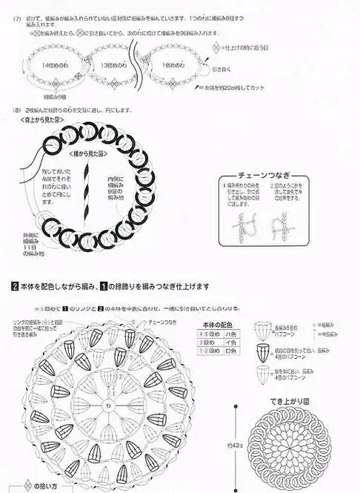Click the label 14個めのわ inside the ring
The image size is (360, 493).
click(x=54, y=66)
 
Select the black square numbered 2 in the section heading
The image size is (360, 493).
click(x=15, y=286)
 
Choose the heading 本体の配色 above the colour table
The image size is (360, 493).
click(x=216, y=325)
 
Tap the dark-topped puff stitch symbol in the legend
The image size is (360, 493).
click(x=262, y=351)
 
